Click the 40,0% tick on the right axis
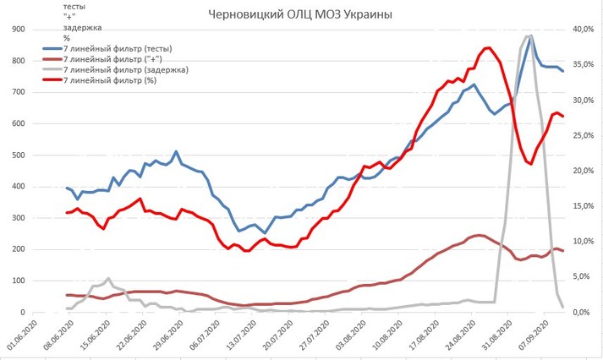pyautogui.click(x=583, y=30)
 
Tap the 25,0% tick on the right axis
pyautogui.click(x=583, y=136)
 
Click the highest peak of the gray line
pyautogui.click(x=529, y=36)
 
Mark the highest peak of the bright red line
pyautogui.click(x=489, y=48)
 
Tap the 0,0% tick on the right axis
pyautogui.click(x=583, y=313)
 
